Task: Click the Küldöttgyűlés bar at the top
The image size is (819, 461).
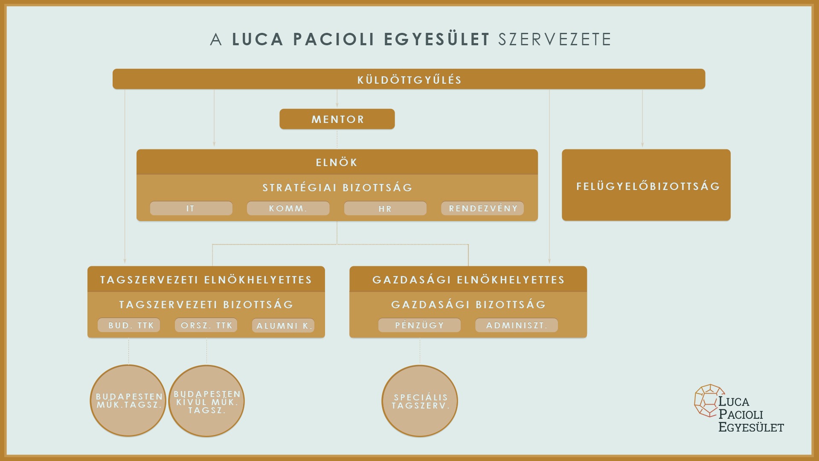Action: coord(409,79)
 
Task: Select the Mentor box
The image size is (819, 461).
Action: coord(337,119)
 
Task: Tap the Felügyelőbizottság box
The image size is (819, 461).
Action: coord(646,185)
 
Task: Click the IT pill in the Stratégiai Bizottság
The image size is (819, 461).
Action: coord(191,208)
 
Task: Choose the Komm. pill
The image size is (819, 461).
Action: coord(288,208)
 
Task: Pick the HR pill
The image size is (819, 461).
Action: coord(385,208)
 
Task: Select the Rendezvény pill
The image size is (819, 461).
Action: coord(482,208)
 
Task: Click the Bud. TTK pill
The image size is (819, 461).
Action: coord(129,325)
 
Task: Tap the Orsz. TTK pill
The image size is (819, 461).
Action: coord(206,325)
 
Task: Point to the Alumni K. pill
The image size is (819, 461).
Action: coord(283,325)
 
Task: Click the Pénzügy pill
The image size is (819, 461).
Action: coord(419,325)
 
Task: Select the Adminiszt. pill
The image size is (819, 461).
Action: coord(517,325)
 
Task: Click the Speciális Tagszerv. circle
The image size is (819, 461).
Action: coord(420,401)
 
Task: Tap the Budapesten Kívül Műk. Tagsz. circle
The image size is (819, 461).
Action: coord(206,401)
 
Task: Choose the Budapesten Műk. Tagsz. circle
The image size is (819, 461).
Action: coord(128,401)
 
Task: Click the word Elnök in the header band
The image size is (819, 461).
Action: coord(337,162)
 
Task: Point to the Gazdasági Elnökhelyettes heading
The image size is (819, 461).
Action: coord(468,280)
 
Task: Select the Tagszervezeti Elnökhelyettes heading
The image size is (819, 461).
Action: coord(206,280)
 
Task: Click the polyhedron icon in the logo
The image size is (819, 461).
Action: coord(709,400)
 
